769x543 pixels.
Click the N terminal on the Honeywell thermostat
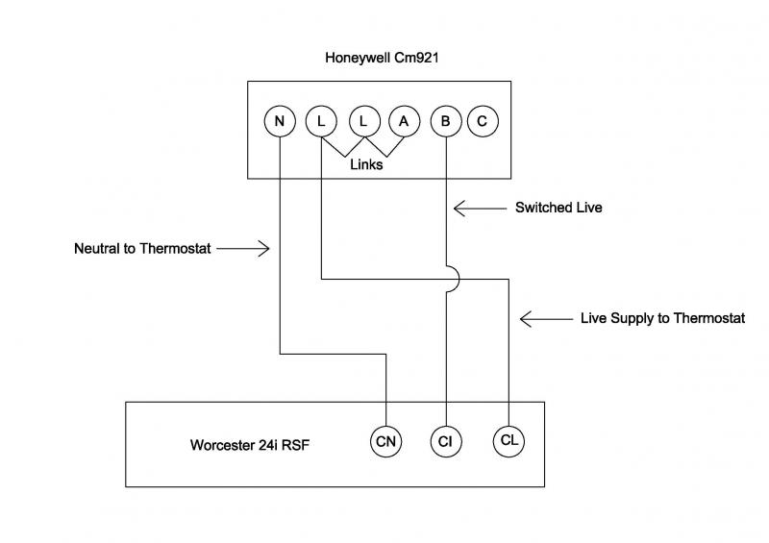pyautogui.click(x=280, y=121)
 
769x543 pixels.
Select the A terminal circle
pyautogui.click(x=404, y=121)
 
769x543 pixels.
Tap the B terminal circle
pyautogui.click(x=445, y=121)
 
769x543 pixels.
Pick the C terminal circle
pyautogui.click(x=482, y=121)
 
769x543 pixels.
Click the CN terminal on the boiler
pyautogui.click(x=385, y=441)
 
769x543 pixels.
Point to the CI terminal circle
pyautogui.click(x=446, y=441)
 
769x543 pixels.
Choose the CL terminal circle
pyautogui.click(x=509, y=441)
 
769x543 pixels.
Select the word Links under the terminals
pyautogui.click(x=366, y=164)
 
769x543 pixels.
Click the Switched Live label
pyautogui.click(x=558, y=207)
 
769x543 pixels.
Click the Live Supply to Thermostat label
pyautogui.click(x=662, y=318)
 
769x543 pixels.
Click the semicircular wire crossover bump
pyautogui.click(x=454, y=280)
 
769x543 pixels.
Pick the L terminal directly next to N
pyautogui.click(x=320, y=121)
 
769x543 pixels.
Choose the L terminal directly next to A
pyautogui.click(x=362, y=121)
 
